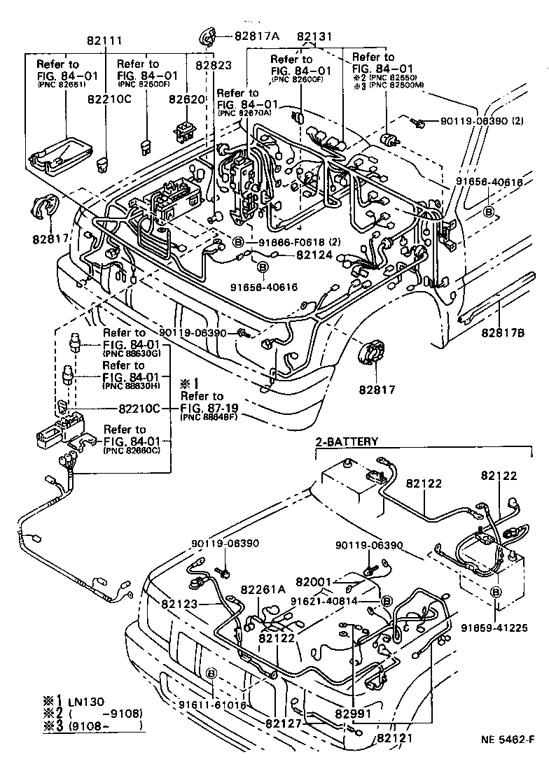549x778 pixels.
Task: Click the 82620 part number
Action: click(184, 100)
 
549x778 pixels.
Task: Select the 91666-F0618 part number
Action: click(286, 242)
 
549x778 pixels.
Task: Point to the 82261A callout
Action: click(263, 589)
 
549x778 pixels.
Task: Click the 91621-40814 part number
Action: click(334, 600)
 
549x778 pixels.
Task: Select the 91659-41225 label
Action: click(493, 627)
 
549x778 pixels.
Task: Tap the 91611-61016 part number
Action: click(212, 705)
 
